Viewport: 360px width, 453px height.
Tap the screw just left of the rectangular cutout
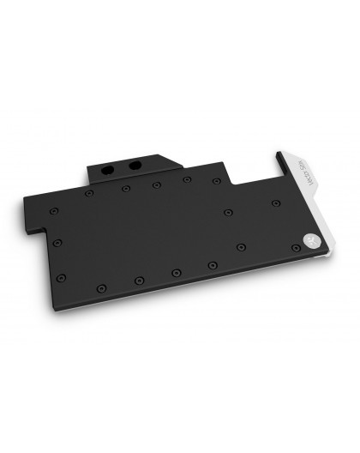[x=186, y=179]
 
